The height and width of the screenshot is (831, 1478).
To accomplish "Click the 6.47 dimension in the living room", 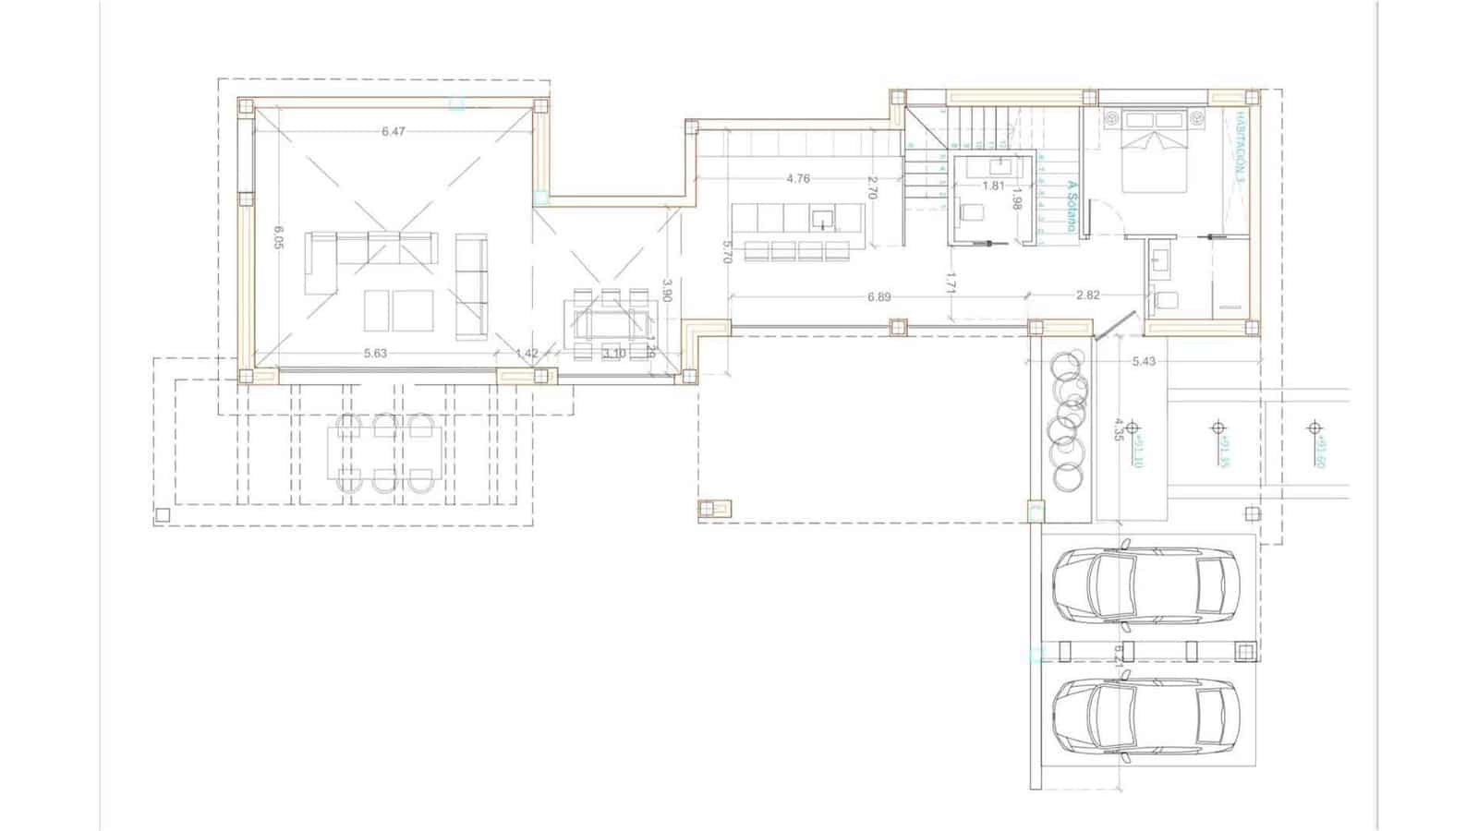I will click(394, 132).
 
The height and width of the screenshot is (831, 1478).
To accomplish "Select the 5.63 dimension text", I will click(375, 354).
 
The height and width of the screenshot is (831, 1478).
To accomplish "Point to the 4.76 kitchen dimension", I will click(798, 179).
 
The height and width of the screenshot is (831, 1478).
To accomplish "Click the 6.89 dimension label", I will click(878, 297).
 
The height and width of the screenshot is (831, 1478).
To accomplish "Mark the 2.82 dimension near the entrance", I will click(1088, 296).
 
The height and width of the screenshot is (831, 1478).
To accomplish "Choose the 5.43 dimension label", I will click(1144, 362).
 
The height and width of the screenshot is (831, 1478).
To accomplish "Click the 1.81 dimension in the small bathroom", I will click(993, 186).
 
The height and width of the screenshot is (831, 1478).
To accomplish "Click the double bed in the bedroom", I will click(1155, 152).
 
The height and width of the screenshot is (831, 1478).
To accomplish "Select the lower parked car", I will click(1145, 717).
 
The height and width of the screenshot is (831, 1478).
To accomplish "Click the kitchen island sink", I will click(822, 220).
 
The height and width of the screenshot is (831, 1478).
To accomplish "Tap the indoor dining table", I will click(611, 324).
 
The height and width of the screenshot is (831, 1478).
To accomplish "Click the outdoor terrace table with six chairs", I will click(385, 453).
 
